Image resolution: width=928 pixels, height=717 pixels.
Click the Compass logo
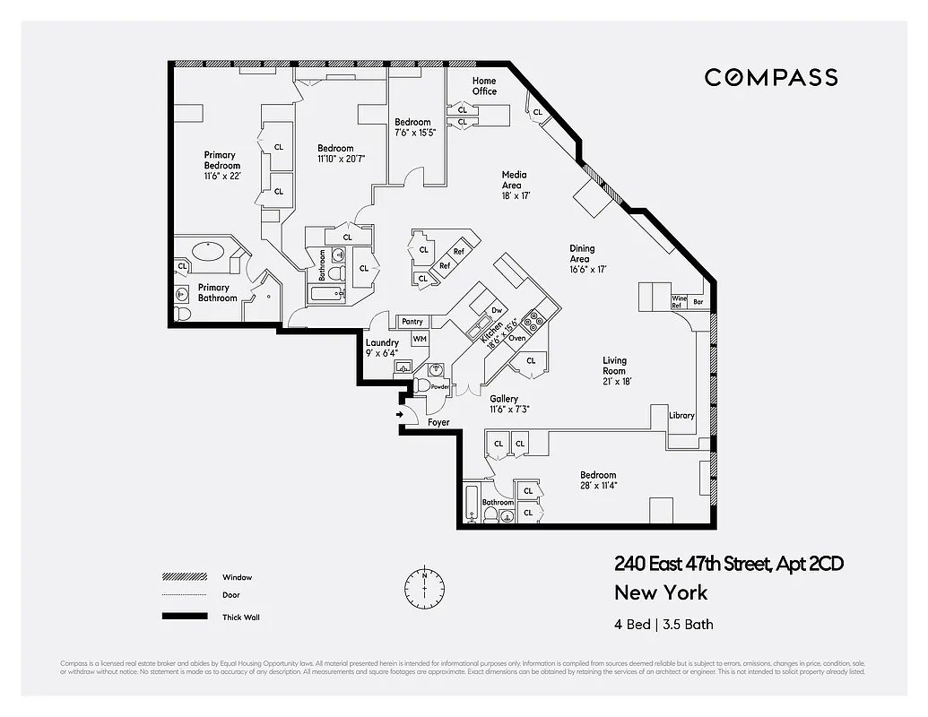coord(771,77)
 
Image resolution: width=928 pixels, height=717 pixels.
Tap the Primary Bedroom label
coord(221,160)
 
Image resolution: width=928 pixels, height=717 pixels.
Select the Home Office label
coord(484,86)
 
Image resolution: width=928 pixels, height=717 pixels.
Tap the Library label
coord(681,415)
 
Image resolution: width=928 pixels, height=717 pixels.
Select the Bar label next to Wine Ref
coord(698,302)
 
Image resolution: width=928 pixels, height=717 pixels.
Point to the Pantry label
coord(412,321)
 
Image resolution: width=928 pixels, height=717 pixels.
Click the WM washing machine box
coord(419,338)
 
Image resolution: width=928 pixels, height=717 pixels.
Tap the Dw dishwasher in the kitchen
coord(495,310)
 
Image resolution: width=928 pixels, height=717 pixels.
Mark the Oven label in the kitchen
coord(516,338)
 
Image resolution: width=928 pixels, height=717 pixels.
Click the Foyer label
coord(438,422)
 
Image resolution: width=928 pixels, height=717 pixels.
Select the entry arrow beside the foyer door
coord(397,415)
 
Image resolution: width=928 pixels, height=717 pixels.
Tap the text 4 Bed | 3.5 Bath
coord(663,624)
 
